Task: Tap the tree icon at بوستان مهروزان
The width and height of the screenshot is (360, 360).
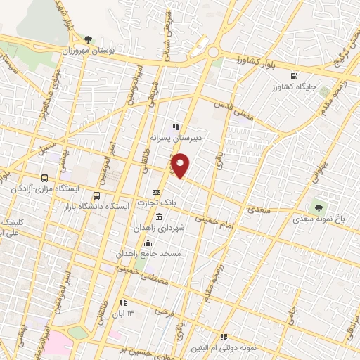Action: coord(88,39)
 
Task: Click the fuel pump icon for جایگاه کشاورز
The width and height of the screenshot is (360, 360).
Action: coord(293,77)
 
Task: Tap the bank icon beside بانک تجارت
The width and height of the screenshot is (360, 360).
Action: coord(156,192)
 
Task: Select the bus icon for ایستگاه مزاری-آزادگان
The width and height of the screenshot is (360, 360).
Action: coord(45,179)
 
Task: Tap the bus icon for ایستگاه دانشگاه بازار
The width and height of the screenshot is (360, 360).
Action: coord(97,196)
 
